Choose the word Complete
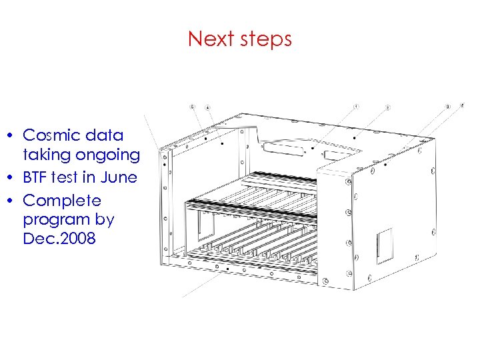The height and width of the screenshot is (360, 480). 62,201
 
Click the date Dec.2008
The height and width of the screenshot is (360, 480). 60,238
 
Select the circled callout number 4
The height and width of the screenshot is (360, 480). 207,107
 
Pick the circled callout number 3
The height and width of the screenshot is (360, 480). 448,106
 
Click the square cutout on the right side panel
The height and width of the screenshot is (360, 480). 385,244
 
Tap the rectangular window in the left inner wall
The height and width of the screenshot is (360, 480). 203,227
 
